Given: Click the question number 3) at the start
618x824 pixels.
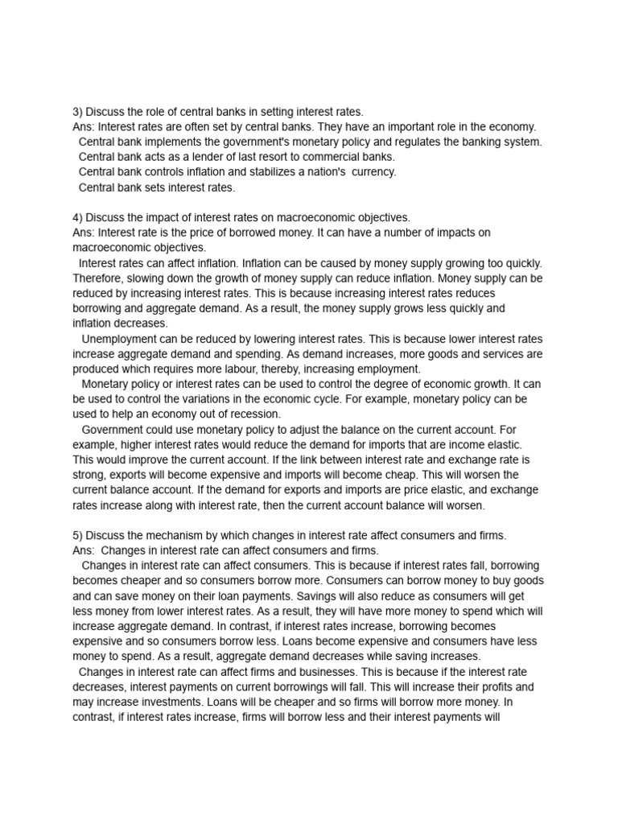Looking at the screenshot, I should pyautogui.click(x=77, y=111).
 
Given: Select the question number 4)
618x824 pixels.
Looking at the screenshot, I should pyautogui.click(x=77, y=217).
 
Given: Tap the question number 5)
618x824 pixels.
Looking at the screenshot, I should pyautogui.click(x=77, y=535).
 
